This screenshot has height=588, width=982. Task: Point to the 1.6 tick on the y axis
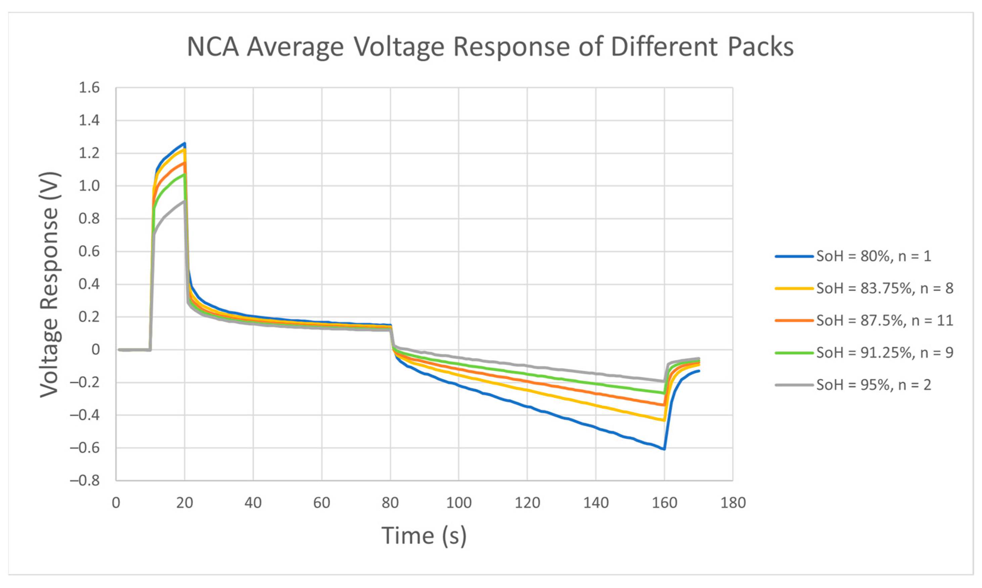(89, 88)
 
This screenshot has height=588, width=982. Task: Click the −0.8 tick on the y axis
(85, 480)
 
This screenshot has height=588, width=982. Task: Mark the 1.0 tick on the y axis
(89, 186)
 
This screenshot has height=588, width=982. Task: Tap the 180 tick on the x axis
(733, 503)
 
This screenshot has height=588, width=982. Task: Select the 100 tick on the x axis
(458, 503)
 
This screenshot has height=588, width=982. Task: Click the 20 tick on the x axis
(184, 503)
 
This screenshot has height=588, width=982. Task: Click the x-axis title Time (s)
(424, 536)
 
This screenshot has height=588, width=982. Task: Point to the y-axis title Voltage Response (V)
(50, 284)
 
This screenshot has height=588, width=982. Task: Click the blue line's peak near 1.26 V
(184, 144)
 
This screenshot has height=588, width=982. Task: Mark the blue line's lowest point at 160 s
(664, 449)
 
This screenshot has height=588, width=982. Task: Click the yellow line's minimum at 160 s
(664, 420)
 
